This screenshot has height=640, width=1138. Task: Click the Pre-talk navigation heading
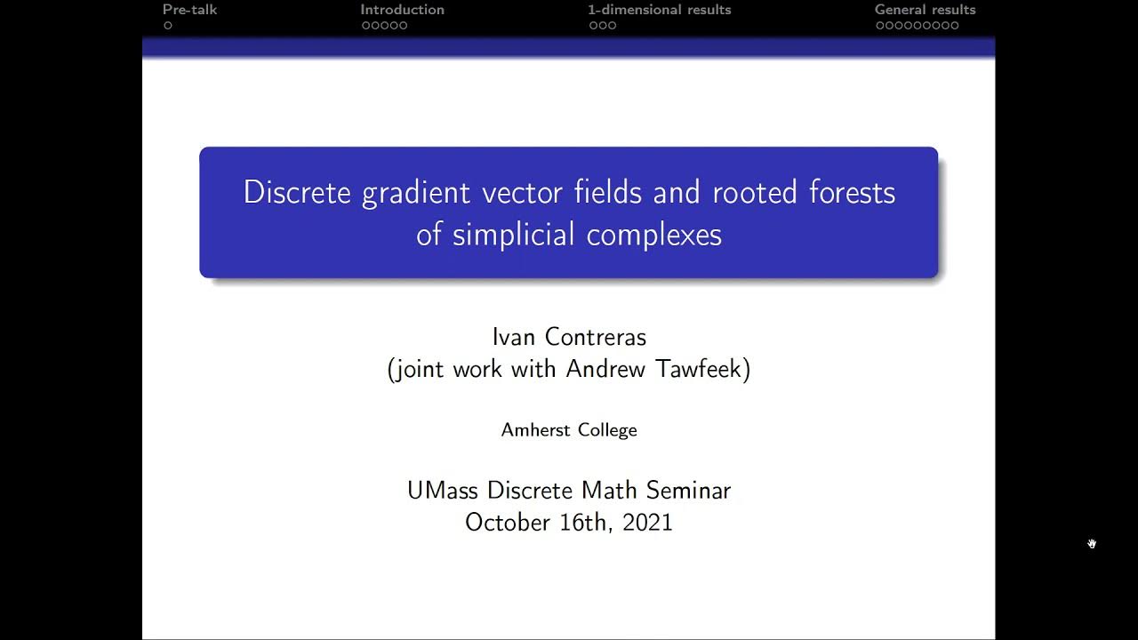(x=189, y=10)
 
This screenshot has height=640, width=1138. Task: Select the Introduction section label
(x=402, y=10)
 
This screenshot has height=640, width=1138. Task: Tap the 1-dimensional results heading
(x=659, y=10)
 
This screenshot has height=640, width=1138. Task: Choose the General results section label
(x=925, y=10)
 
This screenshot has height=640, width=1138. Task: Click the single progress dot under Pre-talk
(x=167, y=26)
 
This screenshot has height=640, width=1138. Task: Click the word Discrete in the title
(x=297, y=192)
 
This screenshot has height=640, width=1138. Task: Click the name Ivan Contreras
(x=569, y=337)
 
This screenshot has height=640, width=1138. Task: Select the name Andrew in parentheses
(x=605, y=369)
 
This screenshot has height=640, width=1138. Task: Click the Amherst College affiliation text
(x=569, y=430)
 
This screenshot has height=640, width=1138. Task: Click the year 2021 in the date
(x=647, y=522)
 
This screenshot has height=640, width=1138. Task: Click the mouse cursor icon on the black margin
(x=1092, y=543)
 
